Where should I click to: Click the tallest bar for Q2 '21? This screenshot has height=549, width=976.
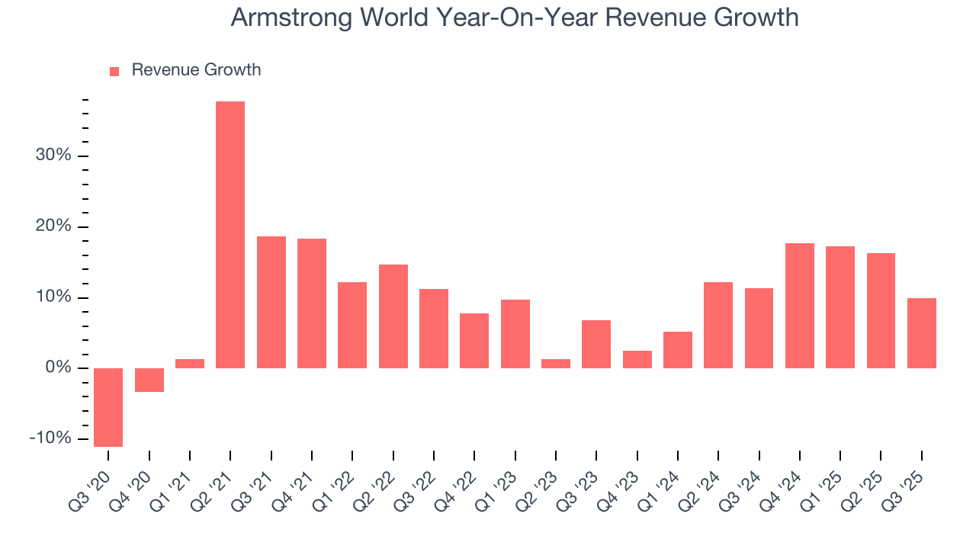pyautogui.click(x=230, y=235)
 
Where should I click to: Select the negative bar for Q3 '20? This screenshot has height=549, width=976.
pyautogui.click(x=108, y=407)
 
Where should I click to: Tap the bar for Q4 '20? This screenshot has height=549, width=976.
pyautogui.click(x=149, y=380)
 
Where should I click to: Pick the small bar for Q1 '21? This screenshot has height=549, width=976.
pyautogui.click(x=190, y=364)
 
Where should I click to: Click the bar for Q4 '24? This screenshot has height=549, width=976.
pyautogui.click(x=800, y=306)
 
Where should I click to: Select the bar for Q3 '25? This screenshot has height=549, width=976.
pyautogui.click(x=922, y=333)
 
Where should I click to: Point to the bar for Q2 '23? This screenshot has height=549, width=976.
pyautogui.click(x=556, y=364)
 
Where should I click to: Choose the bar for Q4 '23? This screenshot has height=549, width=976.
pyautogui.click(x=637, y=359)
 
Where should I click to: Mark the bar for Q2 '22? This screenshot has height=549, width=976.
pyautogui.click(x=393, y=316)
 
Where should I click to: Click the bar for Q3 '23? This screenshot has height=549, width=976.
pyautogui.click(x=596, y=344)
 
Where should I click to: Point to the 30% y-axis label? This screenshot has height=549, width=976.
pyautogui.click(x=53, y=156)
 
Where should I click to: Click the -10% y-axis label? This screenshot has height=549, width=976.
pyautogui.click(x=50, y=439)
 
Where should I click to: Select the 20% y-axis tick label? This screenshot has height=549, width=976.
pyautogui.click(x=53, y=226)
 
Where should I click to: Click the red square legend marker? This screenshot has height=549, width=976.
pyautogui.click(x=114, y=71)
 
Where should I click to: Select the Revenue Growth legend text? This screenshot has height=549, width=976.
pyautogui.click(x=196, y=70)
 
